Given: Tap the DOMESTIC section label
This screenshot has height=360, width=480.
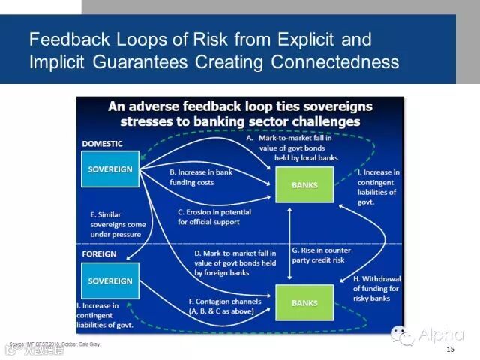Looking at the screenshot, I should click(x=103, y=143).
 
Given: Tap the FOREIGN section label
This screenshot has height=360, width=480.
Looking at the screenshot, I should click(x=98, y=254).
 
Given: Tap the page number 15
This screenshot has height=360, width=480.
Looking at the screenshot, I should click(x=450, y=349).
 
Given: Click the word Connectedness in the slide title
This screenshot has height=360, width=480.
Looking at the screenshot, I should click(x=334, y=61).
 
